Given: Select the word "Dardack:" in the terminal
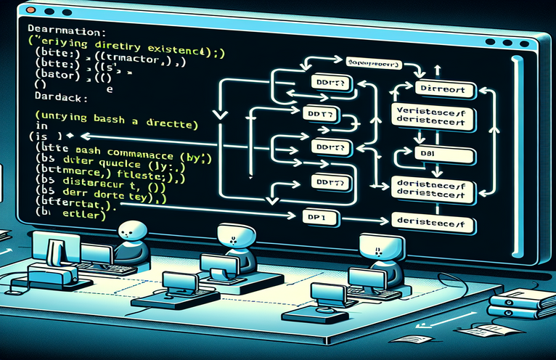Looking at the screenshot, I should pyautogui.click(x=53, y=95).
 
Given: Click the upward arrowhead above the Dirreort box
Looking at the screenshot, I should pyautogui.click(x=436, y=69).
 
